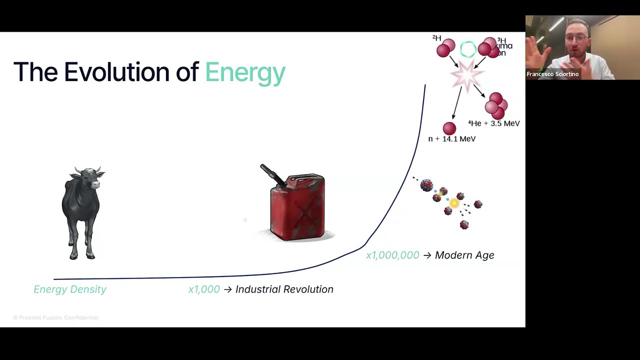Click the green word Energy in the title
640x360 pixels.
coord(245,73)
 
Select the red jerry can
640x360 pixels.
coord(298,207)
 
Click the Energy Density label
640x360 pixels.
coord(70,289)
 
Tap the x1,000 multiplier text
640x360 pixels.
coord(204,289)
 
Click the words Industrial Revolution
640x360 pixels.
coord(284,289)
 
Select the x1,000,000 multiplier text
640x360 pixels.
coord(392,255)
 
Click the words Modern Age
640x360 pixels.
coord(464,255)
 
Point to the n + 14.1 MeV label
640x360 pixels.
coord(452,139)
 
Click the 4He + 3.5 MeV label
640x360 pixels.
coord(494,123)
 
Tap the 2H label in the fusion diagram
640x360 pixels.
coord(436,38)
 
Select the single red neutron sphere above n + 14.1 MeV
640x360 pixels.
coord(449,128)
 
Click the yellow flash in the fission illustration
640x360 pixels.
coord(454,203)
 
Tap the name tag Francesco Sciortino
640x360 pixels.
coord(552,74)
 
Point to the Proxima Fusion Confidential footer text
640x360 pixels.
coord(56,317)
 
